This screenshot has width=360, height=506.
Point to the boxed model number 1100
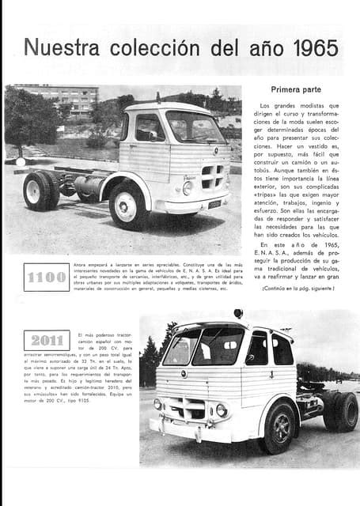tap(47, 278)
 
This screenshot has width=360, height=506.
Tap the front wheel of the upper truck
tap(127, 205)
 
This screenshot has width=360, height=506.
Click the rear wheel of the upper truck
tap(37, 191)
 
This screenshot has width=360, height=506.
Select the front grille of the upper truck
tap(212, 175)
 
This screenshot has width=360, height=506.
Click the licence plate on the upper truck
tap(214, 204)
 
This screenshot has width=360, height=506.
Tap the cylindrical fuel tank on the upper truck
tap(85, 188)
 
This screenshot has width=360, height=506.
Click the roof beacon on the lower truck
tap(238, 314)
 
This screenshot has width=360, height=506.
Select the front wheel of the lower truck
tap(280, 428)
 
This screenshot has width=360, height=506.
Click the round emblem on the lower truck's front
tap(184, 374)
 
